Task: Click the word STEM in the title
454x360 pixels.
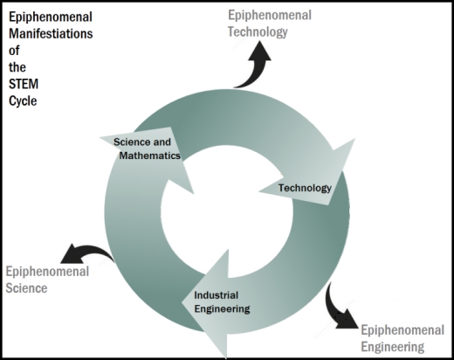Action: click(24, 84)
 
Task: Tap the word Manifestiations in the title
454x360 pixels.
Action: click(51, 34)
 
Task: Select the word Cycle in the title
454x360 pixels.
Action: click(23, 101)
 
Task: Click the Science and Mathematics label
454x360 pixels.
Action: click(147, 149)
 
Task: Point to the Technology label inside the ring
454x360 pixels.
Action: click(305, 188)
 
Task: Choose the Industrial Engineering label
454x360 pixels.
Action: click(222, 302)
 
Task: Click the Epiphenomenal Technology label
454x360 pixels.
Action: click(270, 24)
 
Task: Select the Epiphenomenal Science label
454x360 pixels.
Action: click(47, 280)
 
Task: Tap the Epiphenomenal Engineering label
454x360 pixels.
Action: click(402, 338)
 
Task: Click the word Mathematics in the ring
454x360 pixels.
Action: click(150, 156)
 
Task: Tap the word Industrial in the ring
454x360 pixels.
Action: click(217, 295)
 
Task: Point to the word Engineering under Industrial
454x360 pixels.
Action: click(222, 309)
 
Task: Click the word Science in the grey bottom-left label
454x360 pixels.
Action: click(26, 288)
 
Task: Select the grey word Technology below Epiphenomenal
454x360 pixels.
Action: click(258, 31)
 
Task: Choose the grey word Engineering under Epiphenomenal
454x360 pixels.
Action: click(392, 347)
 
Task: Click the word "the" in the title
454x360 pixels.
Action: click(17, 67)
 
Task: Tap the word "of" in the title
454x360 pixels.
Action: click(14, 51)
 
